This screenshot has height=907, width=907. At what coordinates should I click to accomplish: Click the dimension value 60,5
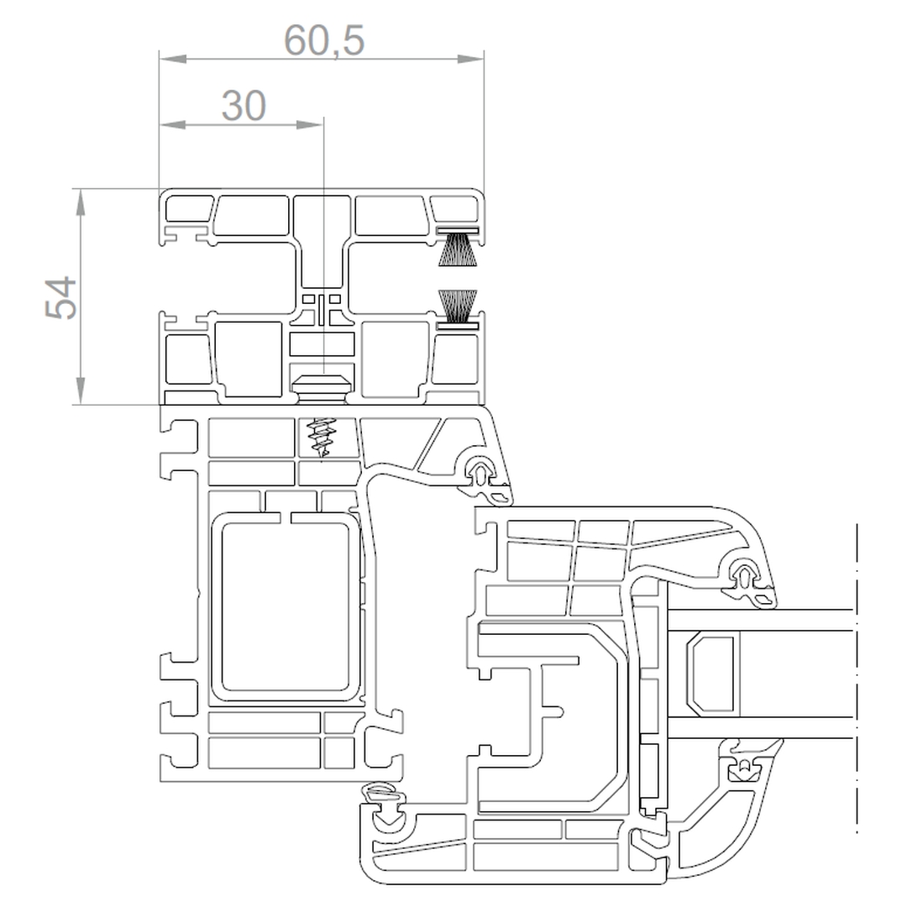pos(324,40)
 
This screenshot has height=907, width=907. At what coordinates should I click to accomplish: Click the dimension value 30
pos(244,106)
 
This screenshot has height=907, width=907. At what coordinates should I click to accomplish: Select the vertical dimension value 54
pos(61,297)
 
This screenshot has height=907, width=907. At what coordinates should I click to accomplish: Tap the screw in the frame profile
pos(322,438)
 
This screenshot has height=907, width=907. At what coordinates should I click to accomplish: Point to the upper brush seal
pos(458,247)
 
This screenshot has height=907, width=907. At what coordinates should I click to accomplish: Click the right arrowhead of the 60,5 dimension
pos(470,59)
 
